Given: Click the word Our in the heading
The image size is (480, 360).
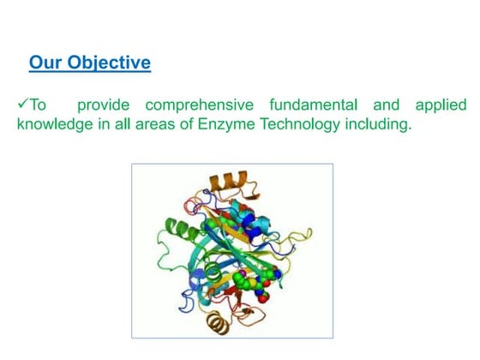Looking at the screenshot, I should [45, 63].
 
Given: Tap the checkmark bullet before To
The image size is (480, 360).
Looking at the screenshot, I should [23, 105].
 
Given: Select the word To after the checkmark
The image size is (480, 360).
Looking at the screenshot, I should [39, 105].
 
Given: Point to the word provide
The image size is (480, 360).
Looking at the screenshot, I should [106, 105].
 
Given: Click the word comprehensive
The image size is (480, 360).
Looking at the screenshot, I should [199, 105].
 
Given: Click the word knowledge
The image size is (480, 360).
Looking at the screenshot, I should [53, 125].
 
